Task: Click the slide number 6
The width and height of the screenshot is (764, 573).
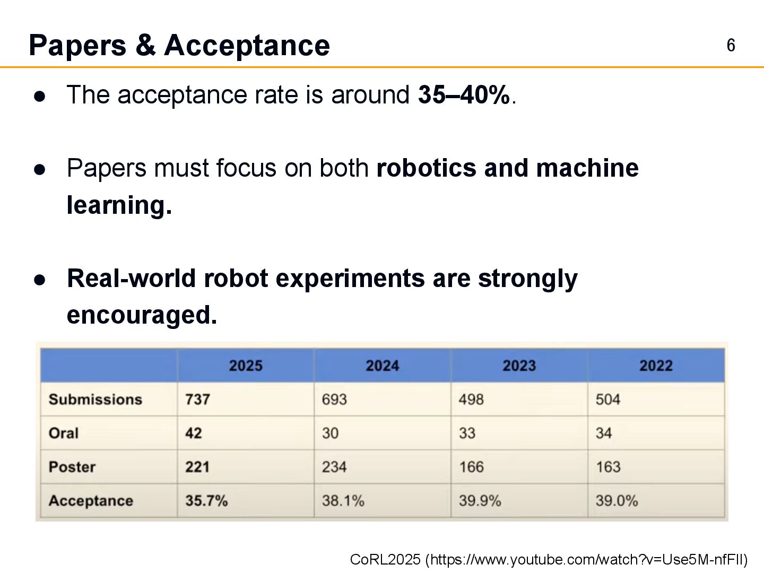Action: pyautogui.click(x=731, y=46)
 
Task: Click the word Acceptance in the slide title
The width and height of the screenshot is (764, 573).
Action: pyautogui.click(x=247, y=46)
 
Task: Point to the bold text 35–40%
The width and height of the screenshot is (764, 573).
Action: pyautogui.click(x=464, y=95)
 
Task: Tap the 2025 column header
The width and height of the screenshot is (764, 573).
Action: pyautogui.click(x=246, y=366)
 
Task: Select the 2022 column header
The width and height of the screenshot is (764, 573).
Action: pyautogui.click(x=656, y=366)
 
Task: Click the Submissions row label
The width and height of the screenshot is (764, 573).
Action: pyautogui.click(x=95, y=400)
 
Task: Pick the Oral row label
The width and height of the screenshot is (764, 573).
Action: pyautogui.click(x=64, y=433)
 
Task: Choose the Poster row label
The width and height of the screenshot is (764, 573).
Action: pyautogui.click(x=72, y=467)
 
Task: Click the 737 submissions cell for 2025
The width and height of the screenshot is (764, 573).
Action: pyautogui.click(x=197, y=400)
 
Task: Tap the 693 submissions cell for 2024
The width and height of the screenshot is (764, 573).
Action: pyautogui.click(x=334, y=400)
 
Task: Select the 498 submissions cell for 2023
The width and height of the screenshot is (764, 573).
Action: pyautogui.click(x=471, y=400)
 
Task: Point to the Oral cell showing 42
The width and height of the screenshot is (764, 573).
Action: pyautogui.click(x=194, y=433)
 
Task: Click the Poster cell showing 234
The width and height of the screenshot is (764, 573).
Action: pyautogui.click(x=334, y=467)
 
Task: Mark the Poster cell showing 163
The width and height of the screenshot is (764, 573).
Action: pyautogui.click(x=608, y=467)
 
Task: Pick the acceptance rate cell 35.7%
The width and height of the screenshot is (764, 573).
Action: pyautogui.click(x=206, y=501)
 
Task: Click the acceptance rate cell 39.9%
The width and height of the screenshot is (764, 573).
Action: pyautogui.click(x=480, y=501)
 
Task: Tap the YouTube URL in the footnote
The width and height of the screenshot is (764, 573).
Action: pyautogui.click(x=586, y=560)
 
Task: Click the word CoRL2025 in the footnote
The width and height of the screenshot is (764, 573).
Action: pyautogui.click(x=385, y=560)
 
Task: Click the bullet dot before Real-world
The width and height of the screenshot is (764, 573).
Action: pyautogui.click(x=40, y=280)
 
